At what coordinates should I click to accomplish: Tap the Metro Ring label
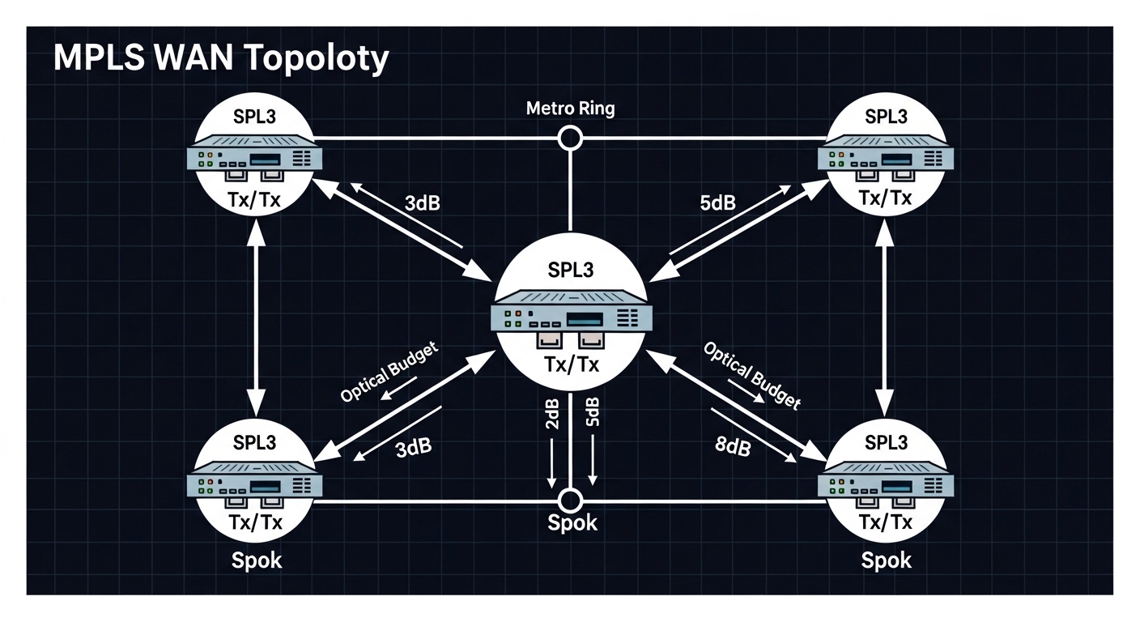(570, 109)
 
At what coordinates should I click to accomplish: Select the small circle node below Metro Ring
(571, 138)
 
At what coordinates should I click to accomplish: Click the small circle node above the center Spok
(571, 499)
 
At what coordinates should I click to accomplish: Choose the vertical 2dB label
(552, 414)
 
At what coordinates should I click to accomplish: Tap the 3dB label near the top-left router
(421, 202)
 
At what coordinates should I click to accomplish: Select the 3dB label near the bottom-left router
(413, 447)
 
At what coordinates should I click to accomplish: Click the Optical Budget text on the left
(389, 373)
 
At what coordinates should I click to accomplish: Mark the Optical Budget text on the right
(751, 374)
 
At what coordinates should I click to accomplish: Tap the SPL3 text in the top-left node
(254, 116)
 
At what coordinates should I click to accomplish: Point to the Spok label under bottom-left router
(257, 560)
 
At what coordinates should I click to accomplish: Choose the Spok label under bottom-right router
(887, 560)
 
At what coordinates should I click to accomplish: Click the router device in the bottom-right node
(887, 484)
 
